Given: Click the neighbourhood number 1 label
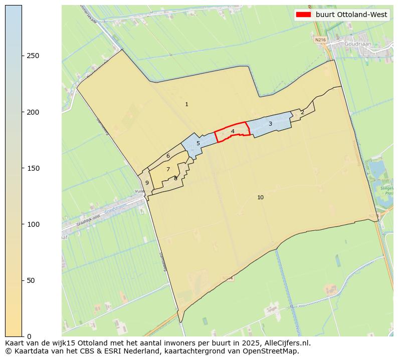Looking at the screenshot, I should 186,105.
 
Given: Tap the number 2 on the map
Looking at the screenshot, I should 302,112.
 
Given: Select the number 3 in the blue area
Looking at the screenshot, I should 270,124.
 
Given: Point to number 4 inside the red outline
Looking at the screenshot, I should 233,132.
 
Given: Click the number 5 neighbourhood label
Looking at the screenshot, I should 198,144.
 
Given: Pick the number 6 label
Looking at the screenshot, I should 168,156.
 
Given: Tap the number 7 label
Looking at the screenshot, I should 168,170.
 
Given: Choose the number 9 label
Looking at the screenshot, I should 147,183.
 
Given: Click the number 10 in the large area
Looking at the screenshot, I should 260,198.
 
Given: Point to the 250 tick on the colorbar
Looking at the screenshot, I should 33,56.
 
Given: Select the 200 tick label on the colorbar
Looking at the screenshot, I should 33,112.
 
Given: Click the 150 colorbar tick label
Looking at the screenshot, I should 33,168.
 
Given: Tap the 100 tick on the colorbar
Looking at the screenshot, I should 33,224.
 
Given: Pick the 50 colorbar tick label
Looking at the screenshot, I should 31,280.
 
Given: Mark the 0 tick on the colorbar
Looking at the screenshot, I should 29,336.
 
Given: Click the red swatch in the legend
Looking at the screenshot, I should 304,15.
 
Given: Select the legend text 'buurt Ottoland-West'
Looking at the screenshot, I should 351,15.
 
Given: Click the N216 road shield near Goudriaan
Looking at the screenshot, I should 320,39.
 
